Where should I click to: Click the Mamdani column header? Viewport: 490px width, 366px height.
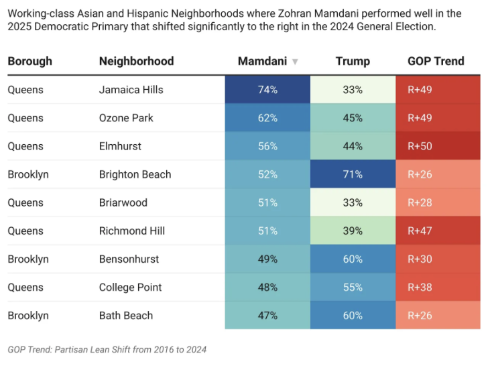tap(262, 61)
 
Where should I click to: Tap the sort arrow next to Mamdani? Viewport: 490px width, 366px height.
tap(295, 62)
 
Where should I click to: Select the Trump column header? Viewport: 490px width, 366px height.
tap(353, 61)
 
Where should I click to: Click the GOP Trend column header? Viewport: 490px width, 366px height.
tap(436, 61)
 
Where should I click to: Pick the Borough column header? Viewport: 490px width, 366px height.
tap(29, 61)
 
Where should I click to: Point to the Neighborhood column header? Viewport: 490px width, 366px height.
tap(136, 61)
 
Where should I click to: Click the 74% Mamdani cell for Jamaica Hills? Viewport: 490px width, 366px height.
tap(267, 90)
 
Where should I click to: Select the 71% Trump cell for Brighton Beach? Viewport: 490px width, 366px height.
tap(353, 174)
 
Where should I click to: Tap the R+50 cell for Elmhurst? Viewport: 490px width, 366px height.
tap(438, 146)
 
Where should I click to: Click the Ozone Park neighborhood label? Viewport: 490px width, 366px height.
tap(126, 118)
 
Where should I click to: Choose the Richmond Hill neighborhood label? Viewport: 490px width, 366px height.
tap(132, 231)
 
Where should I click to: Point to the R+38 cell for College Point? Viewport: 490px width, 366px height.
tap(438, 287)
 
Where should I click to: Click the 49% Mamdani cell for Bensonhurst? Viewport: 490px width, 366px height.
tap(267, 259)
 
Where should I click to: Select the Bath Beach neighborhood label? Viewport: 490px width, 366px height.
tap(126, 315)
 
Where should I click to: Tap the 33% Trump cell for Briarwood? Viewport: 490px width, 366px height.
tap(353, 202)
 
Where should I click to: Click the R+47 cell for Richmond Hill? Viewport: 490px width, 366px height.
tap(438, 231)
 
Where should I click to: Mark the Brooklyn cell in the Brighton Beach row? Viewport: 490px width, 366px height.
tap(28, 174)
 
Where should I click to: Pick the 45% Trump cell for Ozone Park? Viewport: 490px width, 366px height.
tap(353, 118)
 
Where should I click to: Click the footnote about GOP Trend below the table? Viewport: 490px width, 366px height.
tap(107, 349)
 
